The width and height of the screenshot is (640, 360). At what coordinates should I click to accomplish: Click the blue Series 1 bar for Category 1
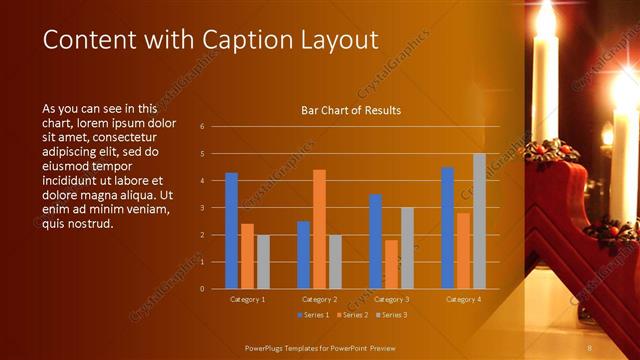(231, 231)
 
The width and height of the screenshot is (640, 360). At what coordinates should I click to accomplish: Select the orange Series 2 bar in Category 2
(319, 229)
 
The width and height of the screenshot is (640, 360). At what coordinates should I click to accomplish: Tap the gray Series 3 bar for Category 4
(479, 221)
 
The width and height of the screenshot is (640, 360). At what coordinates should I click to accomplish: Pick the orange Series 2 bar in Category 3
(391, 264)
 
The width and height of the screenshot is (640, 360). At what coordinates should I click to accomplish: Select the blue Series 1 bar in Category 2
(303, 255)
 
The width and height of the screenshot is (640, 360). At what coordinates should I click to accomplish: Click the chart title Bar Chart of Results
(351, 110)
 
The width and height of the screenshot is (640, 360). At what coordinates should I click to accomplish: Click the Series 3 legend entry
(391, 315)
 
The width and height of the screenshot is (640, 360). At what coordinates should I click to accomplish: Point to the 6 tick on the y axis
(202, 127)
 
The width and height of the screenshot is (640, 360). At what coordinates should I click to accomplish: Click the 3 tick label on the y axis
(202, 208)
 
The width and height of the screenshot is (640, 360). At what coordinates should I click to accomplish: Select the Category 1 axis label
(247, 299)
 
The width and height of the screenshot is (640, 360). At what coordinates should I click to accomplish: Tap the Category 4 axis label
(463, 299)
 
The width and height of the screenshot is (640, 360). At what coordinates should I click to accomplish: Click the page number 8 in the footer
(590, 347)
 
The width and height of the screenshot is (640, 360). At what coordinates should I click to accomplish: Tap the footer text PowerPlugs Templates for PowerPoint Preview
(321, 347)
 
